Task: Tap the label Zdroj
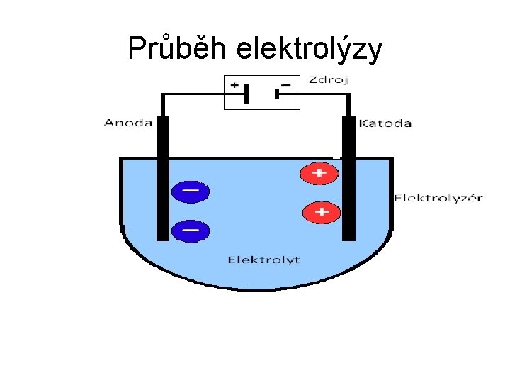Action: [x=328, y=80]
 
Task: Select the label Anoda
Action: [x=128, y=123]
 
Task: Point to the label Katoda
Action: [x=385, y=123]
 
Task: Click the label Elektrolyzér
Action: [x=438, y=198]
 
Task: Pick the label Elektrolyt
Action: [x=263, y=260]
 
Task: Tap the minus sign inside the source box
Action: [x=286, y=84]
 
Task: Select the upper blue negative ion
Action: [x=191, y=191]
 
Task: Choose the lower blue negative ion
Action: [x=191, y=230]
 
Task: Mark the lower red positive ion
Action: [x=322, y=211]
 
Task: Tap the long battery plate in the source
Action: [x=246, y=94]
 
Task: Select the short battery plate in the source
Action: [x=277, y=94]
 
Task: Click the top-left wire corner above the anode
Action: [x=162, y=94]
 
